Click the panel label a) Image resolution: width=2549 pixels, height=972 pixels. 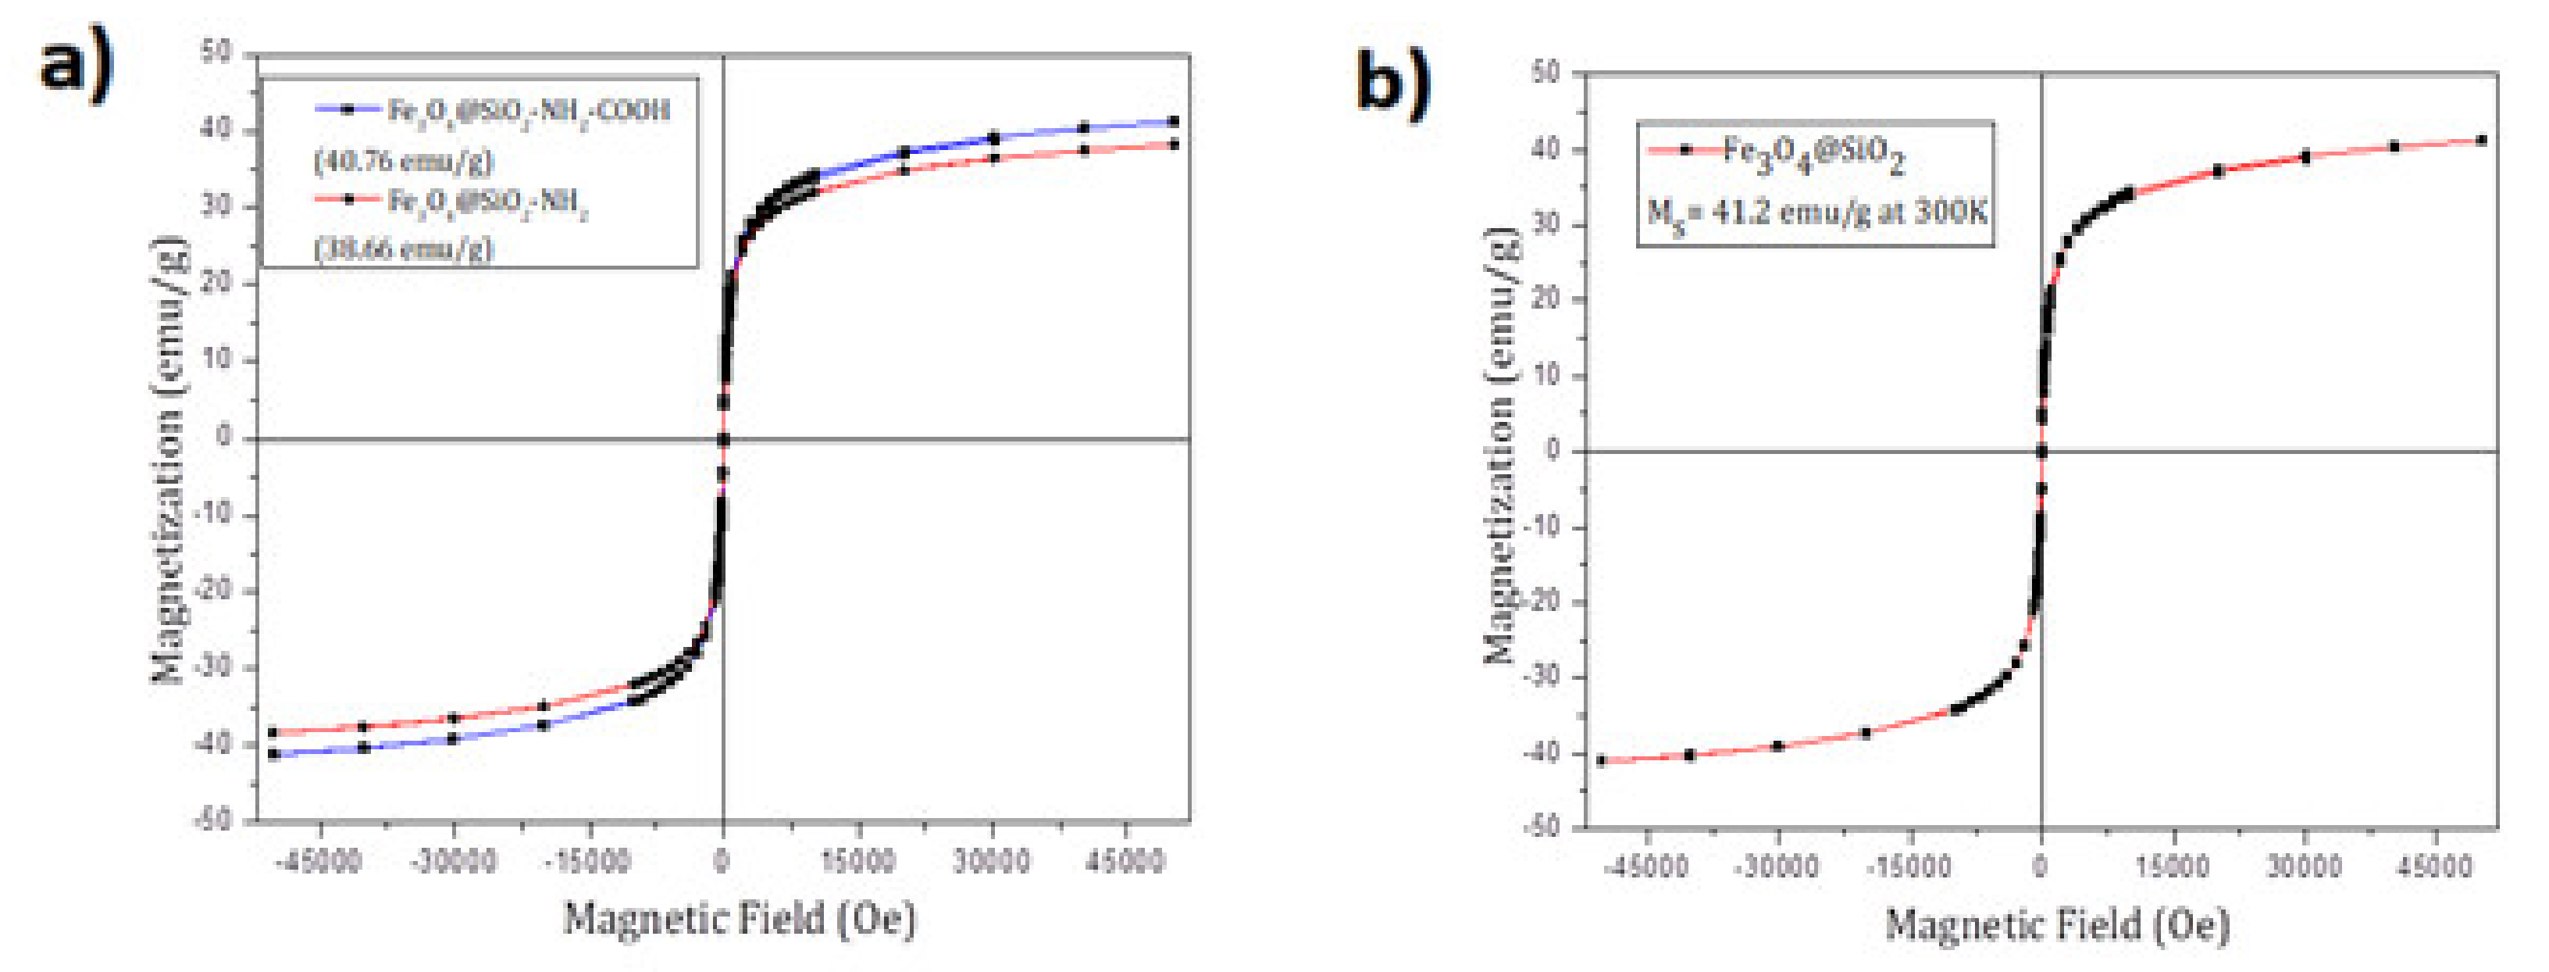[x=77, y=67]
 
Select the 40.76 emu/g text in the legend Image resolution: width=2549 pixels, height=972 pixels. [x=403, y=159]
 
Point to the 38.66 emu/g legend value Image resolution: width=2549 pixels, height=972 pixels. [x=403, y=248]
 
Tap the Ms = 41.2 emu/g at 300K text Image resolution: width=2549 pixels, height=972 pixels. [x=1816, y=212]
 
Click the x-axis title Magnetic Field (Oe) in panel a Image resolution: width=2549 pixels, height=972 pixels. [x=740, y=919]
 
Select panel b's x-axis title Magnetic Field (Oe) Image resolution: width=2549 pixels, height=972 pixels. [x=2056, y=924]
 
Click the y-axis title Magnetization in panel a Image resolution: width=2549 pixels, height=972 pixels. [x=168, y=459]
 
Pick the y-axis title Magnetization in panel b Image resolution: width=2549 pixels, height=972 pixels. [x=1500, y=445]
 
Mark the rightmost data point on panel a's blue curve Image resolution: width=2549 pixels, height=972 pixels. [x=1174, y=121]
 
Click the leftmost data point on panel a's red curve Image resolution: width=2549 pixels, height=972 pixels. [x=273, y=732]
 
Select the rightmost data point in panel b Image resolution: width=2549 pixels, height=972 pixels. [x=2482, y=141]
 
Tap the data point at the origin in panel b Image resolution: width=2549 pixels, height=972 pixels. [x=2041, y=452]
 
